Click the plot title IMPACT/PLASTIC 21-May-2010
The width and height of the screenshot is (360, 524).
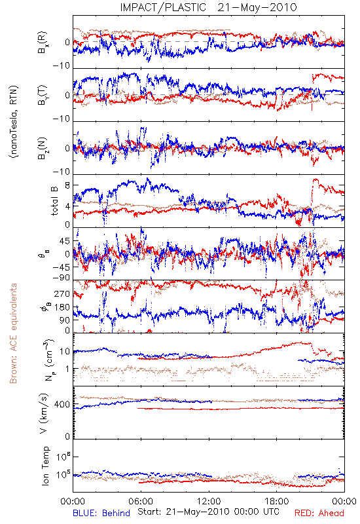(x=208, y=7)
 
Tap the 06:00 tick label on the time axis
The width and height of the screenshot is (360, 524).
(x=141, y=501)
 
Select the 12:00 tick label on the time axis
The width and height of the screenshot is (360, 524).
(x=209, y=501)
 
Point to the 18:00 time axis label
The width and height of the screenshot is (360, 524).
(x=277, y=501)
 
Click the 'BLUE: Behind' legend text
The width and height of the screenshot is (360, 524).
(x=101, y=513)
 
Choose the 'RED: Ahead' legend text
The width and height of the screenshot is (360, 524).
(x=319, y=513)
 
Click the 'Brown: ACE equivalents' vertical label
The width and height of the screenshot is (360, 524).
(x=13, y=333)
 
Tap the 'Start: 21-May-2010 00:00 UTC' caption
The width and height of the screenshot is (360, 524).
(x=208, y=512)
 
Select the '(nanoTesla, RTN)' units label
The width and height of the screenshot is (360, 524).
(x=14, y=122)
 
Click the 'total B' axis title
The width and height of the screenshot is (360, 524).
(x=54, y=201)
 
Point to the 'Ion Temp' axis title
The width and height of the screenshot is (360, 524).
(x=45, y=466)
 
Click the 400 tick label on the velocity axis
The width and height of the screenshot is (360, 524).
(x=62, y=404)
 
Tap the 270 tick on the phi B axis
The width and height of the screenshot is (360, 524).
(x=62, y=293)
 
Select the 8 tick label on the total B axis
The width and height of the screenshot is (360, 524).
(x=67, y=185)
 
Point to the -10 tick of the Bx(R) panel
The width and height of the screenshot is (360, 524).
(x=62, y=65)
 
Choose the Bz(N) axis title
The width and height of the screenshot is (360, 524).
(x=43, y=148)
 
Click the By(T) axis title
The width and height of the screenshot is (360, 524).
(x=43, y=95)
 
